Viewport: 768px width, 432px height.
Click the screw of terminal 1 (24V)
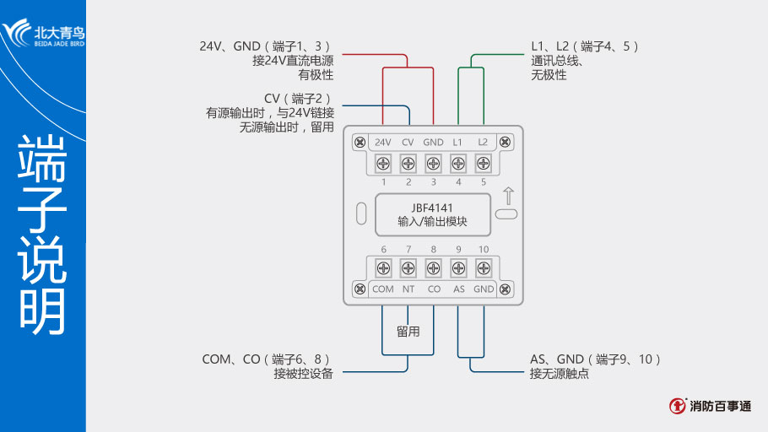pos(382,162)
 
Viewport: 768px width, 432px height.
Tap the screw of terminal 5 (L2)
pos(484,162)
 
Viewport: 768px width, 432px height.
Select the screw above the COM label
pos(382,268)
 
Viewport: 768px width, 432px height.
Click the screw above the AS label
pos(458,268)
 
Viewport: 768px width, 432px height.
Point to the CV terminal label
pos(408,142)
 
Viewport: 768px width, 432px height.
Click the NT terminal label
pos(408,289)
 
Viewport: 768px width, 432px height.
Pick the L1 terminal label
pos(457,142)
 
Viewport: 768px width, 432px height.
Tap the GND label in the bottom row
pos(484,289)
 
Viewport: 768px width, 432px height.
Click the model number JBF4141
pos(433,207)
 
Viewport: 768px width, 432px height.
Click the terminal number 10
pos(483,249)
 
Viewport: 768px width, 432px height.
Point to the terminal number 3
pos(433,181)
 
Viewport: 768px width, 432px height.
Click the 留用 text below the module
pos(408,331)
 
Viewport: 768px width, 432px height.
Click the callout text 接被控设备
pos(303,374)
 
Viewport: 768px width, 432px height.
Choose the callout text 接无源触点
pos(560,374)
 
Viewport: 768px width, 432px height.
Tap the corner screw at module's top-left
pos(360,141)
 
